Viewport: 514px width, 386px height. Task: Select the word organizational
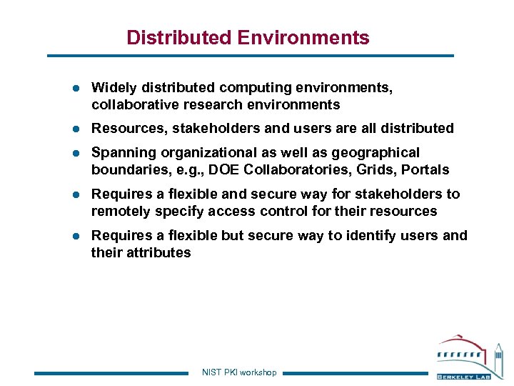tap(207, 153)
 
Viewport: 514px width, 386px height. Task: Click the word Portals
tap(425, 170)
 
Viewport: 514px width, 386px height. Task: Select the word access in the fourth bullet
tap(256, 212)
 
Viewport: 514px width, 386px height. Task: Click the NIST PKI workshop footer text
tap(239, 372)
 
